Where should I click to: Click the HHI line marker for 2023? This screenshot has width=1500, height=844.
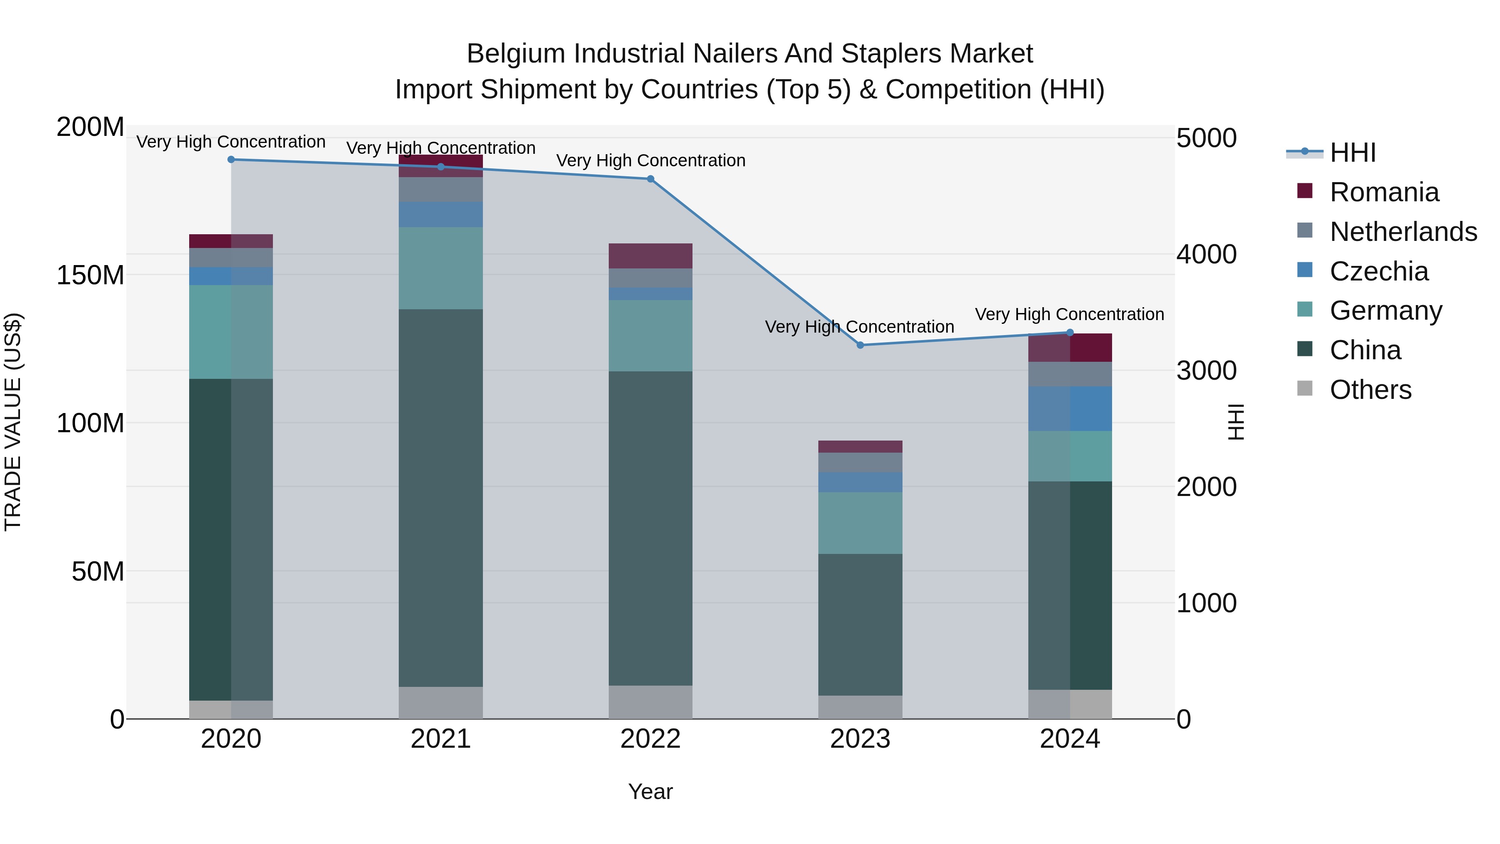(x=860, y=345)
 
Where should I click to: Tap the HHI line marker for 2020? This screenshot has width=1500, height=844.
(x=231, y=159)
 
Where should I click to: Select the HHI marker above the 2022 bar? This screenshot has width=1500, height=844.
(x=650, y=179)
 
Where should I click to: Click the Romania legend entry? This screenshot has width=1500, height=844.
(x=1383, y=192)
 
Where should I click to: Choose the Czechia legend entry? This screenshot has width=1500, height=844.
(x=1378, y=271)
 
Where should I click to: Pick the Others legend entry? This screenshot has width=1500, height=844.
(x=1370, y=390)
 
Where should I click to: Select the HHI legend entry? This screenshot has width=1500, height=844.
(x=1352, y=153)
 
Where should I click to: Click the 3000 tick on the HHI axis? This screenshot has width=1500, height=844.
(x=1206, y=371)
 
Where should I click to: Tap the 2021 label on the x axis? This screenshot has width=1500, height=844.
(x=441, y=739)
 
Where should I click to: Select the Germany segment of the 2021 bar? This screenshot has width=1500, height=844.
(x=441, y=268)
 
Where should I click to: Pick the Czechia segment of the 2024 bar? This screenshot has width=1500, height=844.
(x=1070, y=408)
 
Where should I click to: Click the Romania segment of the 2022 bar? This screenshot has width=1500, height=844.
(x=650, y=256)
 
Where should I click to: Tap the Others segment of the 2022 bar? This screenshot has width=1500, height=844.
(x=650, y=702)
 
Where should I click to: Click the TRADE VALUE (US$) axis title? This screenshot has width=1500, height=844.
(x=13, y=422)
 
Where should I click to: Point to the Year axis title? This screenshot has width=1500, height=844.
(x=650, y=791)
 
